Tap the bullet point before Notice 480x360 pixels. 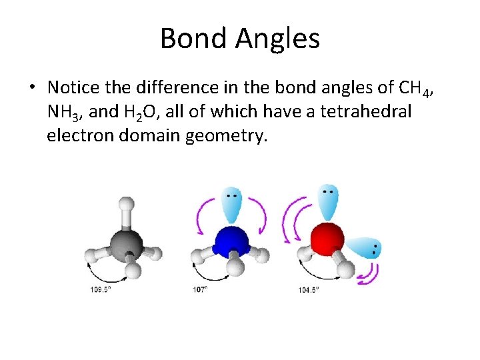[32, 88]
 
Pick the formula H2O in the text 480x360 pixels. [141, 113]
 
